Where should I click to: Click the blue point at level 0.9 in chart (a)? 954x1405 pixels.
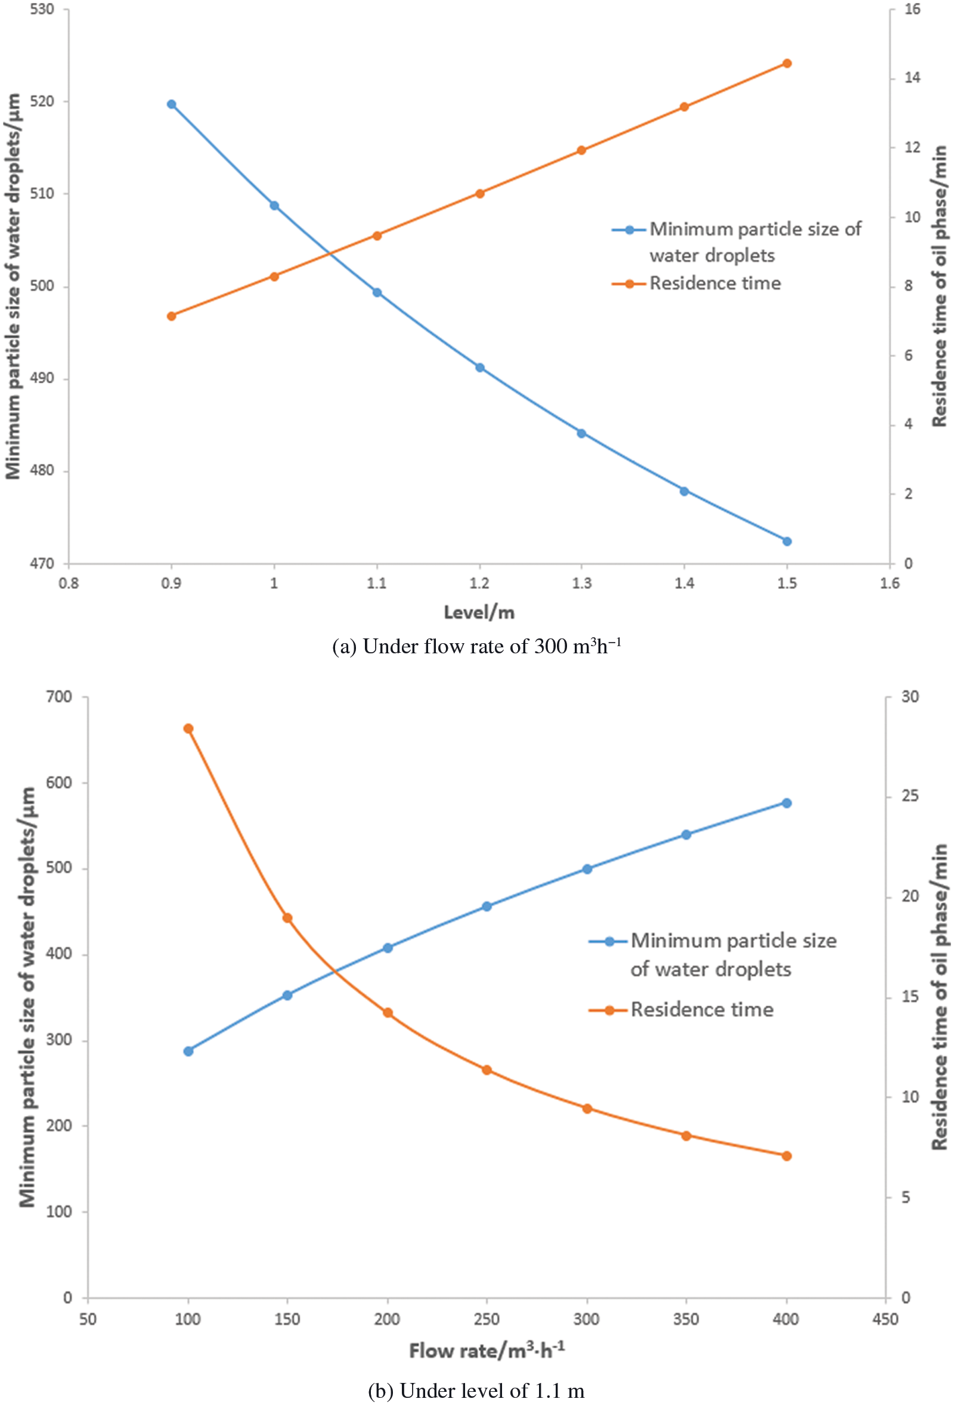tap(171, 104)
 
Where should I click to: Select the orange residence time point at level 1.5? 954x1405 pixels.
tap(786, 63)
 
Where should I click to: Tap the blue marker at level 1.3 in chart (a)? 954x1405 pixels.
tap(581, 433)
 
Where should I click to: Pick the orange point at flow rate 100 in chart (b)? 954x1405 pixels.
tap(188, 728)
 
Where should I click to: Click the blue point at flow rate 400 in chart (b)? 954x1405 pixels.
tap(786, 803)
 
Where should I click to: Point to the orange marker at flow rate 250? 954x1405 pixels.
tap(487, 1070)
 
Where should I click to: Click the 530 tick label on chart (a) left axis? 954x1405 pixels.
tap(42, 10)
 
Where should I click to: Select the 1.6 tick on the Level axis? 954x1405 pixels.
tap(890, 584)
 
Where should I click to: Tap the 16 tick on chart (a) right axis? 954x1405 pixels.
tap(912, 10)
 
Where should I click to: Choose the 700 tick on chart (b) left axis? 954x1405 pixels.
tap(58, 696)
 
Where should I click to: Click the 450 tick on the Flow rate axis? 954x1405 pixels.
tap(885, 1319)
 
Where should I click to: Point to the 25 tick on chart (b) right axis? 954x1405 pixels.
tap(910, 796)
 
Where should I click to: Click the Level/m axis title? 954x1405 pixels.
tap(479, 612)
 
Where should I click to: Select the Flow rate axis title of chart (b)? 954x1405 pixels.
tap(487, 1350)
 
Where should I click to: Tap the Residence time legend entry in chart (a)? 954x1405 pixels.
tap(714, 284)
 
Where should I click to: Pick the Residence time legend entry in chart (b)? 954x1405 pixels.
tap(701, 1010)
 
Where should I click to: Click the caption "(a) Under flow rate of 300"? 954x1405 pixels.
tap(476, 647)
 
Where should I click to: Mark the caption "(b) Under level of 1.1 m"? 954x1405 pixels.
tap(476, 1391)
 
